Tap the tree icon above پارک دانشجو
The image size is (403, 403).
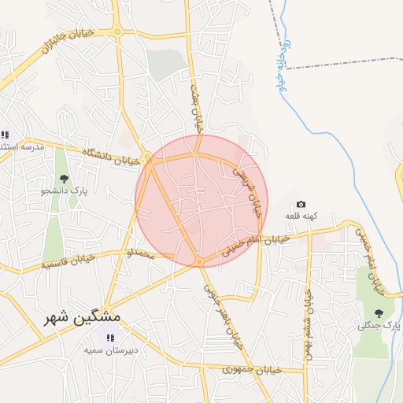tap(64, 179)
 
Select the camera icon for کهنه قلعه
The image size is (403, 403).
tap(301, 205)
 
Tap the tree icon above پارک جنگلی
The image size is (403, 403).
tap(379, 313)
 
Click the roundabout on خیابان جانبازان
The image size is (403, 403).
tap(117, 32)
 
